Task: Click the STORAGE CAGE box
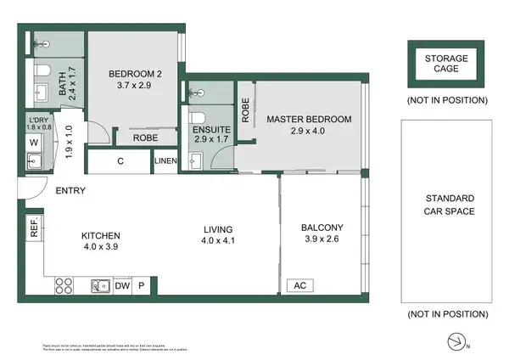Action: (446, 63)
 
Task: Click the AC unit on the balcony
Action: (299, 286)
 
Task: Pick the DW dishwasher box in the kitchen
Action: (123, 286)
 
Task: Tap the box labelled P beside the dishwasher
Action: (142, 286)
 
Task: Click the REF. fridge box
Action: (35, 228)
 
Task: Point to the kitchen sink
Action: (99, 286)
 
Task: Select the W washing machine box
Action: (33, 143)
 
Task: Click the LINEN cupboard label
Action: (165, 160)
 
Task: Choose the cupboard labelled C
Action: (120, 160)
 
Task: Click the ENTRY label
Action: (70, 191)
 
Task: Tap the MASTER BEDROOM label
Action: (308, 119)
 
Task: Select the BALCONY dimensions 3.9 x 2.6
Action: (322, 240)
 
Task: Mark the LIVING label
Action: (217, 228)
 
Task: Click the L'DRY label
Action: (39, 119)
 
